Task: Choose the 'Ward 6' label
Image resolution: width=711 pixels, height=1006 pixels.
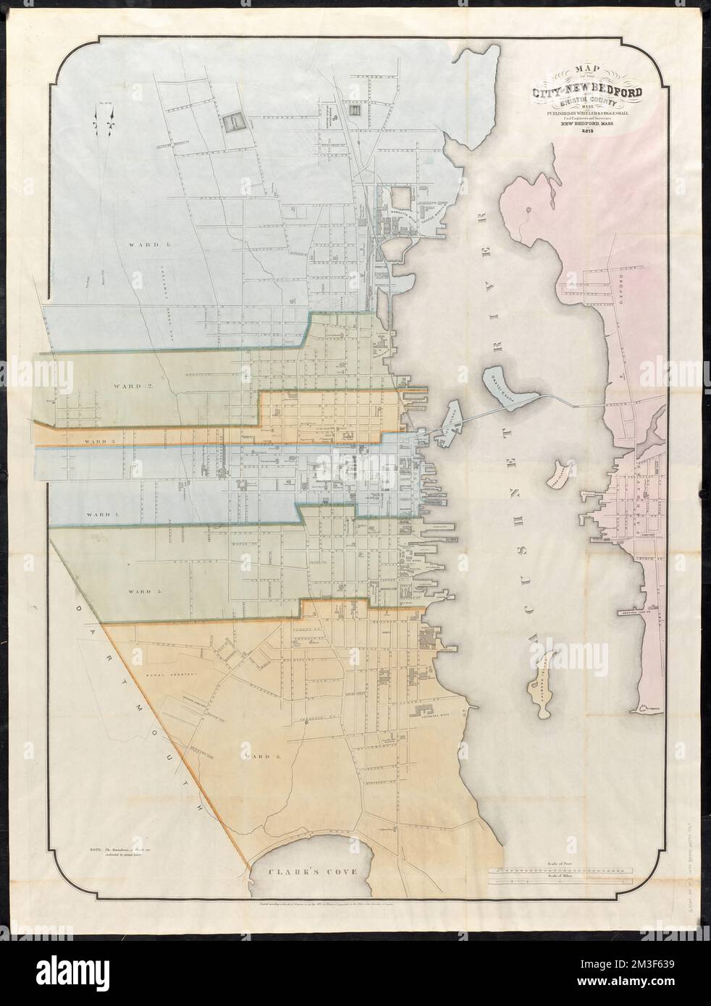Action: (240, 756)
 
